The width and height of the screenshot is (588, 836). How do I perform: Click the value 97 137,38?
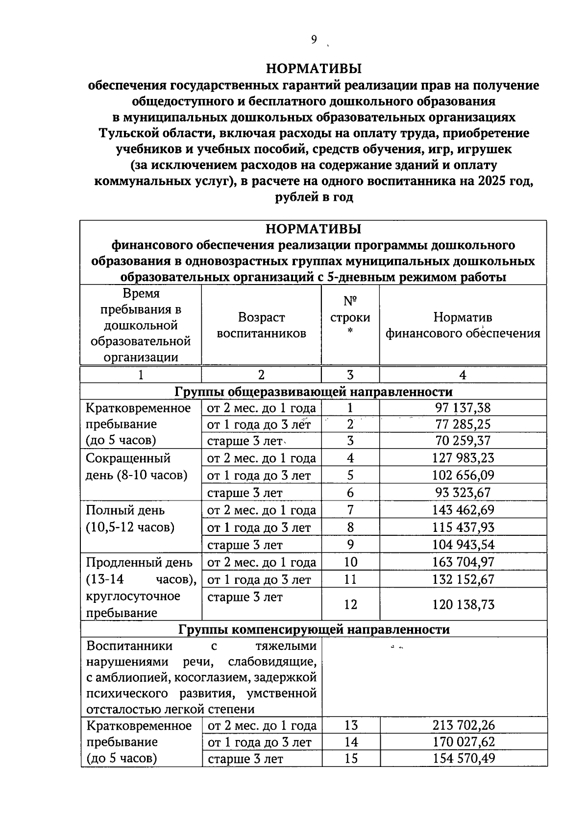click(463, 407)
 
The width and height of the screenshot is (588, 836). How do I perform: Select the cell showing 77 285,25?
click(463, 424)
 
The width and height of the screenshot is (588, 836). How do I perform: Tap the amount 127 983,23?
click(463, 458)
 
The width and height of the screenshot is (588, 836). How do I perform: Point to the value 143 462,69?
click(463, 510)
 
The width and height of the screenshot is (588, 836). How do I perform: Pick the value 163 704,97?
click(463, 562)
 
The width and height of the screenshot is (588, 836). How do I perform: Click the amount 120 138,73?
click(463, 604)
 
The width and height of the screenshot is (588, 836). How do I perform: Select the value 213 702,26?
click(463, 725)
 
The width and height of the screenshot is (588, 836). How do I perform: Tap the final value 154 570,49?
click(463, 759)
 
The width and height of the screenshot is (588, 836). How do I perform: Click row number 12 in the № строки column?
click(350, 604)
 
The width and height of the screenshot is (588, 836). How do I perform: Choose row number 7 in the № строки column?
click(350, 510)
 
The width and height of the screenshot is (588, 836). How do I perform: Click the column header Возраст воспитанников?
click(261, 325)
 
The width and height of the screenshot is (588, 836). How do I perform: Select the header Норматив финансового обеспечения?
click(463, 325)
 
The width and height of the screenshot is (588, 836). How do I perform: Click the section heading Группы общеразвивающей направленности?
click(313, 392)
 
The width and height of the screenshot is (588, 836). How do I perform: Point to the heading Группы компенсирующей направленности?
click(314, 629)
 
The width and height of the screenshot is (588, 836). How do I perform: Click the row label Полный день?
click(125, 510)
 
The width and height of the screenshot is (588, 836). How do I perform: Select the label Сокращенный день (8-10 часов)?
click(136, 466)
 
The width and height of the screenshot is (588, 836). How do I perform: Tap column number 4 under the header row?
click(463, 375)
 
